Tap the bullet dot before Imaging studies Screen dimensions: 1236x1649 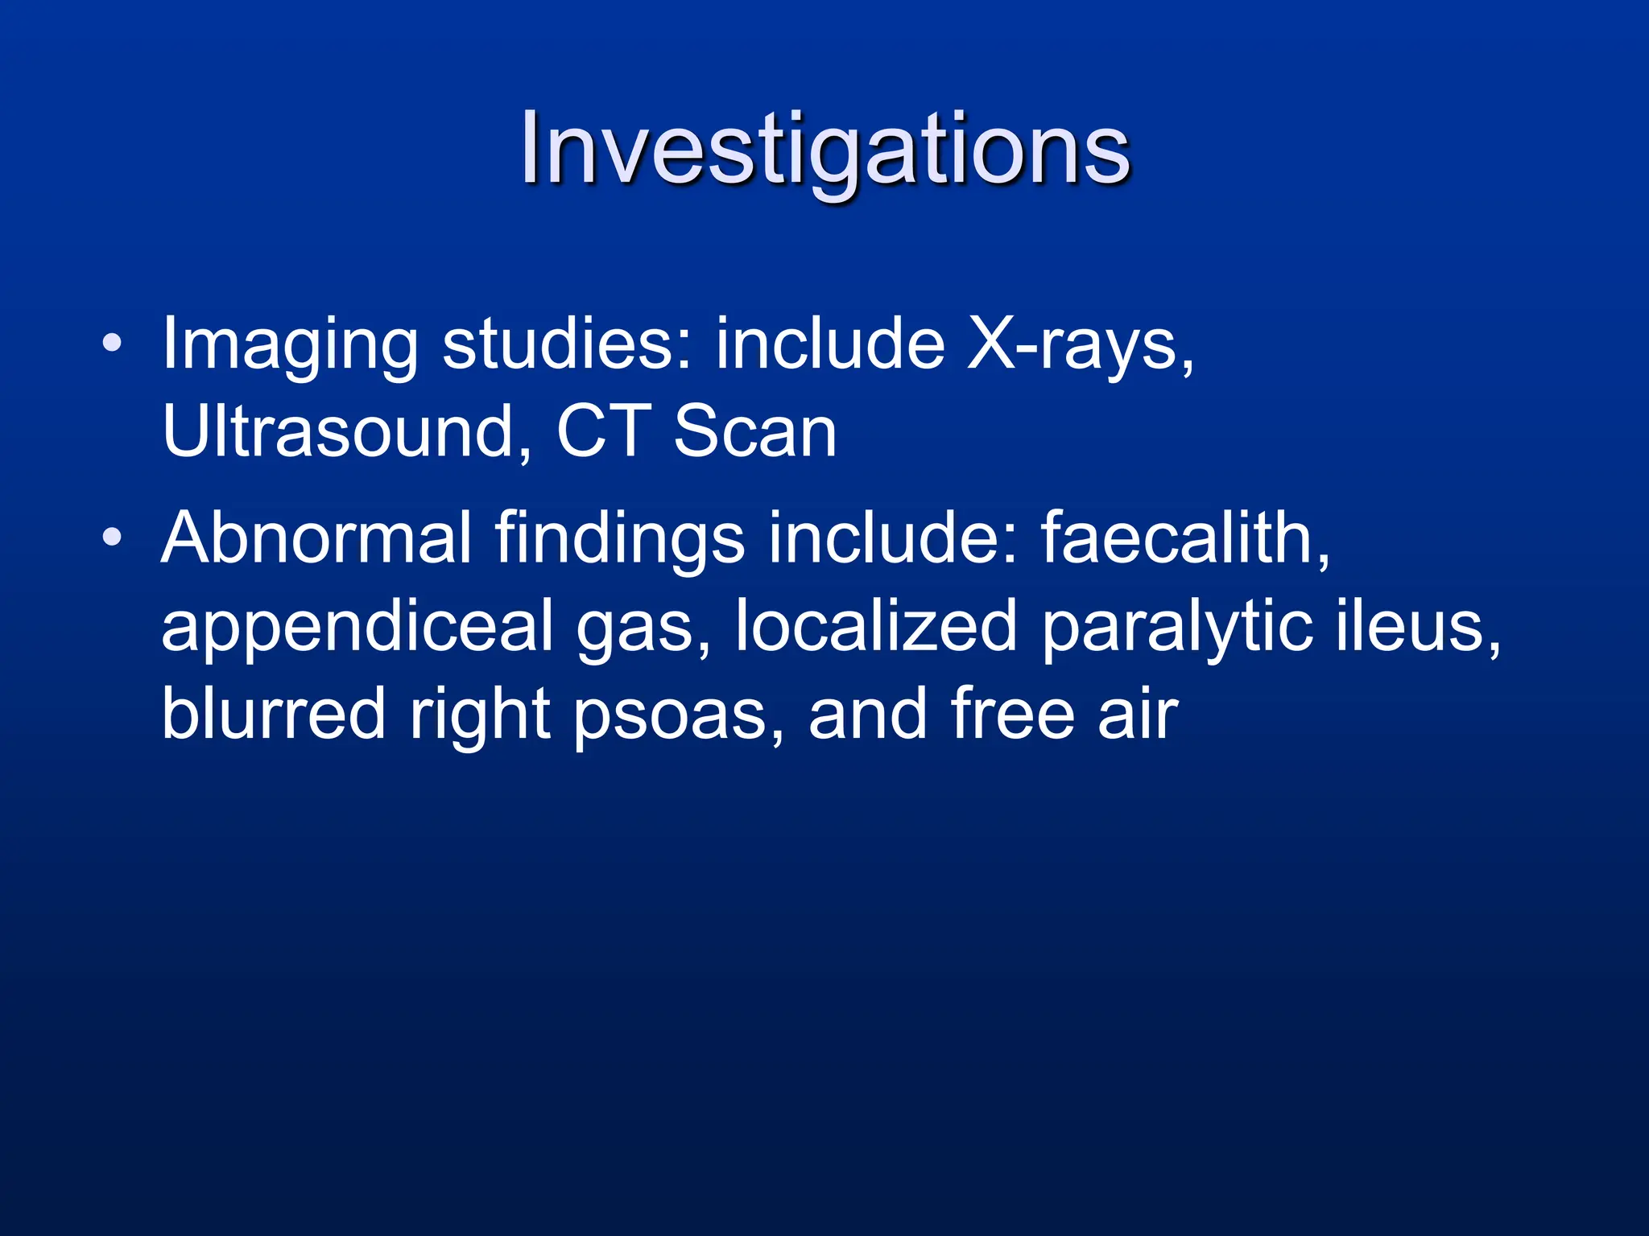point(113,344)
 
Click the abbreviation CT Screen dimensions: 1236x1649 point(604,432)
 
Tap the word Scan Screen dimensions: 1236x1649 point(755,432)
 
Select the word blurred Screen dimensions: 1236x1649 point(274,714)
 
